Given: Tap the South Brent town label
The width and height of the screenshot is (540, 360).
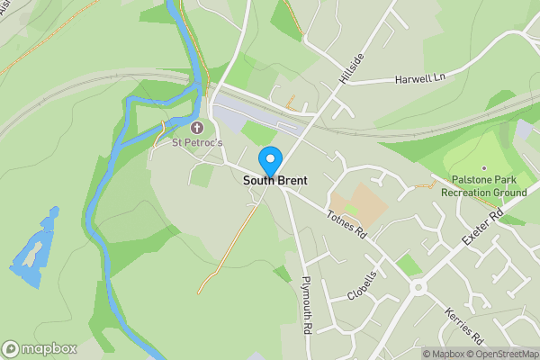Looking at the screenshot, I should [x=274, y=181].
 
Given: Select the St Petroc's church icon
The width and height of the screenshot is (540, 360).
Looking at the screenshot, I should [x=198, y=128].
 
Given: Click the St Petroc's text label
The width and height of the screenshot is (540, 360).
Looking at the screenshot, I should [x=197, y=142].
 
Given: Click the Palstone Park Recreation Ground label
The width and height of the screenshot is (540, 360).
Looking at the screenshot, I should [x=483, y=186].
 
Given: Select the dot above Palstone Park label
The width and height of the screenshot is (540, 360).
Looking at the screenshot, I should [x=483, y=168].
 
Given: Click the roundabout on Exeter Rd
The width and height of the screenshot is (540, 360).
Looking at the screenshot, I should [x=418, y=288].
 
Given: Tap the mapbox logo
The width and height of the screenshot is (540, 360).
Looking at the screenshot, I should [x=40, y=348].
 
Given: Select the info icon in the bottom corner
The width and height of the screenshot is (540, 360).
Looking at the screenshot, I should [x=414, y=354].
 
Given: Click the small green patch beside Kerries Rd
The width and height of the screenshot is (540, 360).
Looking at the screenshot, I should [x=409, y=265].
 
